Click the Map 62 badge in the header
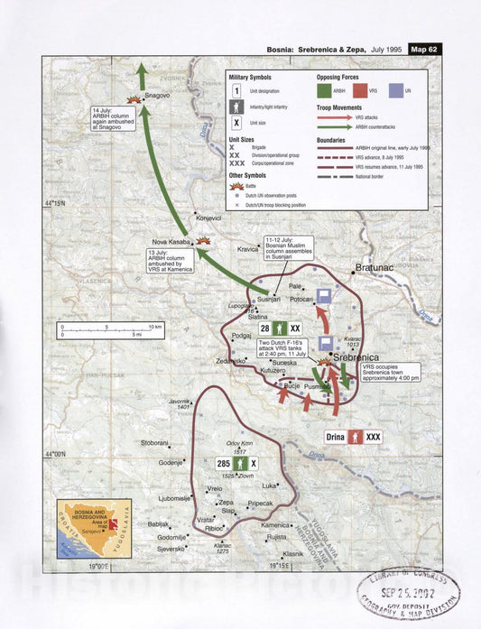[422, 49]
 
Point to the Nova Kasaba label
[172, 242]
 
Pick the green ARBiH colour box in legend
[328, 90]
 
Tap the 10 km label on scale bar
[154, 326]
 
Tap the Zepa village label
[227, 502]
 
